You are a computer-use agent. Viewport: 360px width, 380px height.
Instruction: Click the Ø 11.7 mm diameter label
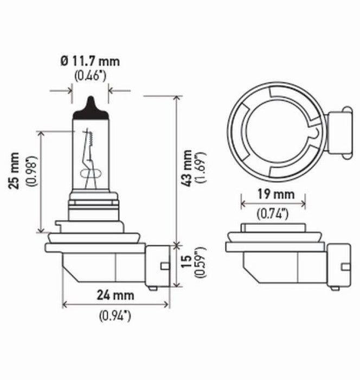pyautogui.click(x=91, y=61)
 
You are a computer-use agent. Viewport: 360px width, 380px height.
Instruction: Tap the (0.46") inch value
pyautogui.click(x=91, y=75)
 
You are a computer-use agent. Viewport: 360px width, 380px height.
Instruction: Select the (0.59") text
pyautogui.click(x=201, y=263)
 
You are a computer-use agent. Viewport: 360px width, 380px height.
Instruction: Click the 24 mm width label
pyautogui.click(x=117, y=296)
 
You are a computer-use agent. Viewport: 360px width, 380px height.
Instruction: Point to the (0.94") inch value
pyautogui.click(x=117, y=315)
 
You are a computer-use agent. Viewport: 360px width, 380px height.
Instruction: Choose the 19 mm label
pyautogui.click(x=273, y=194)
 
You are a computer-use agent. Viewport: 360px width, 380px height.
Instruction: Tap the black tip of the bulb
pyautogui.click(x=91, y=107)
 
